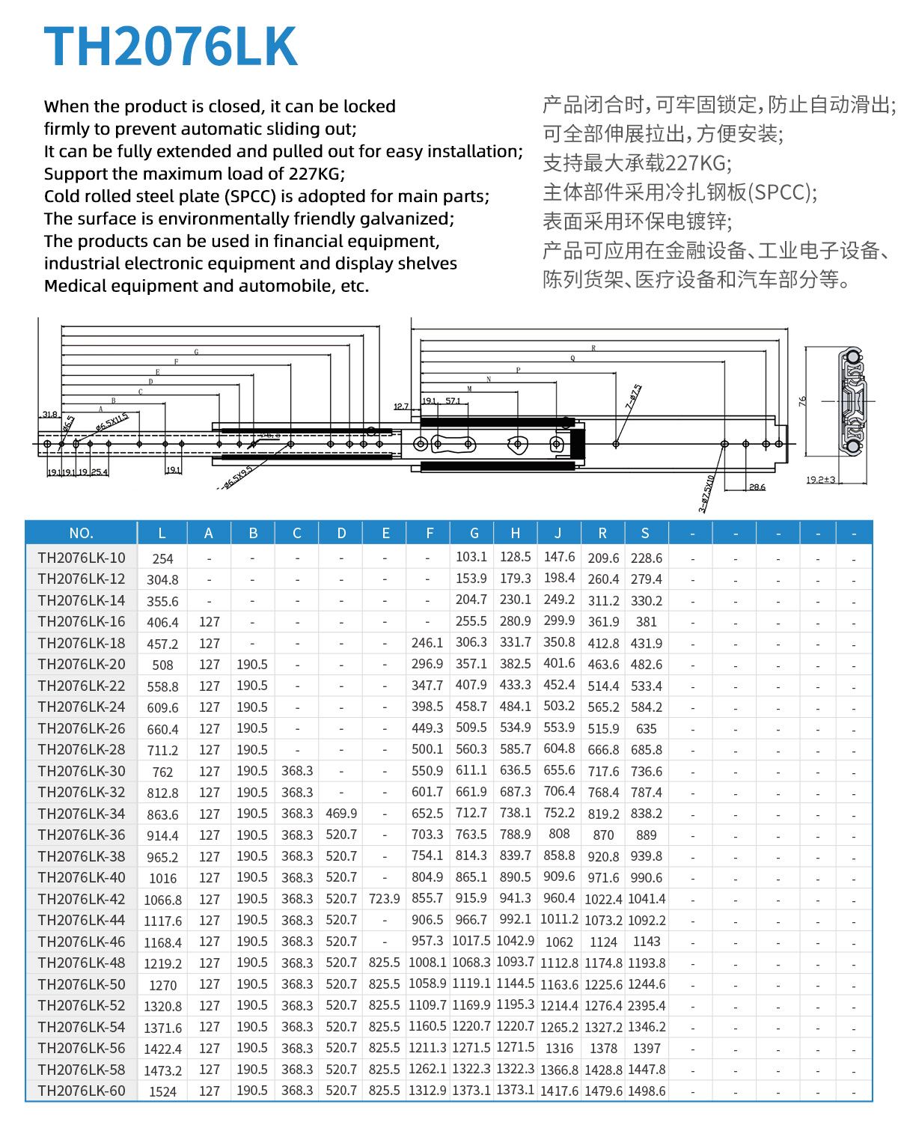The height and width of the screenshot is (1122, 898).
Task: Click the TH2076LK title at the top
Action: coord(171,47)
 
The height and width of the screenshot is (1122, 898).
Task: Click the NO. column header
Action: coord(81,533)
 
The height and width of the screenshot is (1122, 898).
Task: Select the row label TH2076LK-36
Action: coord(82,835)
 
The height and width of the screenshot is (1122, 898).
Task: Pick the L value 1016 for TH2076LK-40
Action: coord(162,878)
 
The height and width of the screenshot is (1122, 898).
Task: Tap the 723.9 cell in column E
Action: coord(384,899)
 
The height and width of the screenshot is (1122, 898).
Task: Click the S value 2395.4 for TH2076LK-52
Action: coord(647,1006)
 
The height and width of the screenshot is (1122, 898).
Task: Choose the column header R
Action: coord(602,533)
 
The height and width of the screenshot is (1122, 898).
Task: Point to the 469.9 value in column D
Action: coord(341,814)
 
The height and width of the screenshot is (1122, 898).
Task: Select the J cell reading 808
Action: coord(559,834)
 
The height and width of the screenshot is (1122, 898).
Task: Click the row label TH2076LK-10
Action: coord(82,558)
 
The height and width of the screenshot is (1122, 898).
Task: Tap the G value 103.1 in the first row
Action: coord(471,557)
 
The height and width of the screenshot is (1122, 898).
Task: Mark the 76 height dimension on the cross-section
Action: coord(803,401)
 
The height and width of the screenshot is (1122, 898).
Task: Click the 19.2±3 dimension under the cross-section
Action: coord(821,480)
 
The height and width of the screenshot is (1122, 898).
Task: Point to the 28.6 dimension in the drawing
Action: coord(757,487)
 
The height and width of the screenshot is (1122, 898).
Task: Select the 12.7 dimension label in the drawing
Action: coord(401,407)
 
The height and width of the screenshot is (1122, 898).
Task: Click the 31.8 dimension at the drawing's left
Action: coord(49,415)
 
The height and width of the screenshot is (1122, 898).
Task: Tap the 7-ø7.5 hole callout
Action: coord(633,397)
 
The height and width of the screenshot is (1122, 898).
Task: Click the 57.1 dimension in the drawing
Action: coord(453,401)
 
